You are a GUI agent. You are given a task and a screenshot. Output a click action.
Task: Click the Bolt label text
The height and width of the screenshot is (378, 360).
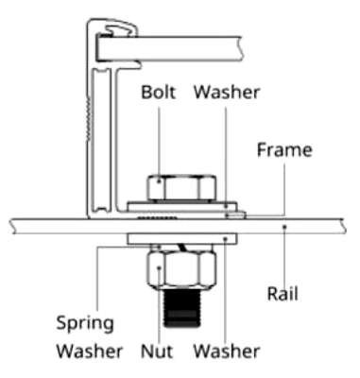[158, 92]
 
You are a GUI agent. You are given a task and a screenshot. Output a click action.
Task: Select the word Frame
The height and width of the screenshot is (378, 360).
[284, 149]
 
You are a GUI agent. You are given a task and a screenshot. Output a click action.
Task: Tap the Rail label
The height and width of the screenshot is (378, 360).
[283, 294]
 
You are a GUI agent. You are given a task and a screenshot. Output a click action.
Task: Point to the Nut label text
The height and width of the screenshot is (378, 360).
[157, 351]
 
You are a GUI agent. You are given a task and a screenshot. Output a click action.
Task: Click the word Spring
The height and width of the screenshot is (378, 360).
[85, 324]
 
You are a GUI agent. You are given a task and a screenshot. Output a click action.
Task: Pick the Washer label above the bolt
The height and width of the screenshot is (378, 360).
[227, 92]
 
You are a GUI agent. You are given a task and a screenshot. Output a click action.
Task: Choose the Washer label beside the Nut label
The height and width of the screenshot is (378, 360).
[227, 351]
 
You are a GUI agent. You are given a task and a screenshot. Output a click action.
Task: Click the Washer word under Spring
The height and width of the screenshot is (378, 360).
[90, 351]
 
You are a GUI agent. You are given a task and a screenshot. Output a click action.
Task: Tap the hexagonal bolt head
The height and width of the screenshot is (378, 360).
[181, 188]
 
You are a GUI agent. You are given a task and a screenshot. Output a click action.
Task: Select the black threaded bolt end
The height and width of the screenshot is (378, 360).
[182, 308]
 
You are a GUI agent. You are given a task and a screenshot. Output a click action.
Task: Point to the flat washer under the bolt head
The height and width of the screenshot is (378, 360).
[182, 207]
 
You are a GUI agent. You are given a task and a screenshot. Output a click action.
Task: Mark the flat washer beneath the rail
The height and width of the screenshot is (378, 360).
[182, 239]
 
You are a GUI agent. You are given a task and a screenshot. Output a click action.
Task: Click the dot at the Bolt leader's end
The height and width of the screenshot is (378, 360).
[159, 181]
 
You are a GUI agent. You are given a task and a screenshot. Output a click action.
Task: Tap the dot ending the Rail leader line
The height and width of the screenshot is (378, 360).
[284, 226]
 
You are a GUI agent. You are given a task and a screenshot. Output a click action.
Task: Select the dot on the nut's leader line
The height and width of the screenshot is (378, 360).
[159, 268]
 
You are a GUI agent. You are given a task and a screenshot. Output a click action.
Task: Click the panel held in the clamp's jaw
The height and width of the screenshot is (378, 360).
[170, 48]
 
